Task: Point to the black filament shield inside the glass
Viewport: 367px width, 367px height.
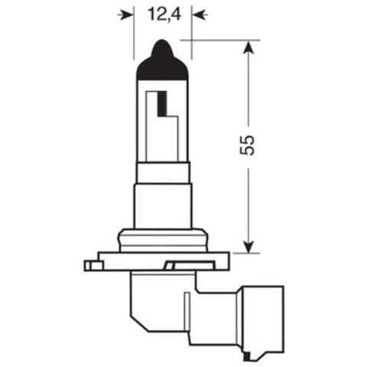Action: point(162,104)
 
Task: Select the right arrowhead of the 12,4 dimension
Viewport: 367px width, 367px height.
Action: point(198,13)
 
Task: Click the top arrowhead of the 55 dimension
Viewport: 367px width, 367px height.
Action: point(247,47)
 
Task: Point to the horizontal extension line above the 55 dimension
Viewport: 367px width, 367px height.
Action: point(222,38)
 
